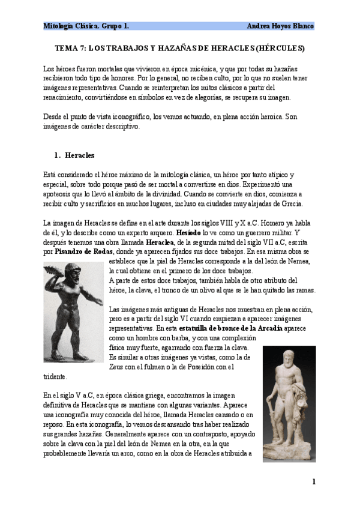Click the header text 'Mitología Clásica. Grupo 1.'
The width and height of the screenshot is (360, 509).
[x=86, y=26]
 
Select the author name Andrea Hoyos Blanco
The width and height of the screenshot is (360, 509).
[x=280, y=26]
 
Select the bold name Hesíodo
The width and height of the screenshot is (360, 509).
[x=188, y=231]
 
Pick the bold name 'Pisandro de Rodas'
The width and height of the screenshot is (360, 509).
[x=85, y=251]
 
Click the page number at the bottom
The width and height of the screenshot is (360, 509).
[x=313, y=481]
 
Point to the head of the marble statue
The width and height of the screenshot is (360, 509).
[x=290, y=358]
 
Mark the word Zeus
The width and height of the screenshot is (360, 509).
[x=118, y=367]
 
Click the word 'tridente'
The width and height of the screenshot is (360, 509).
[x=55, y=377]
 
